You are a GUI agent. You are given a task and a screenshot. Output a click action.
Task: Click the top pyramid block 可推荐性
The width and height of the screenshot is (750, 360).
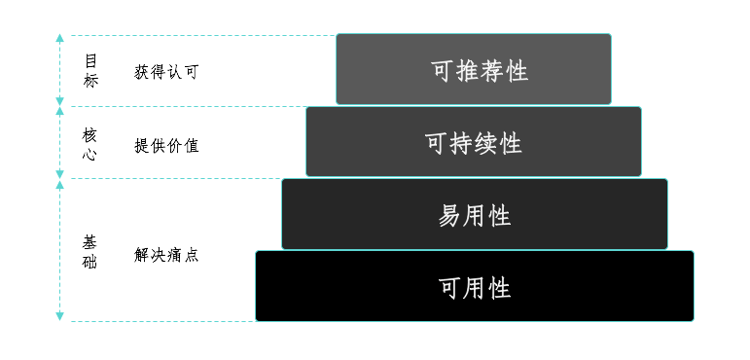(x=474, y=70)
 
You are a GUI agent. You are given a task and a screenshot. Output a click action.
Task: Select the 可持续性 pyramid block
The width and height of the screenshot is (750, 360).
(x=474, y=142)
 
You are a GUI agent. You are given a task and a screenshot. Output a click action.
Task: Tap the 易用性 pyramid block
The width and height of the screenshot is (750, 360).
(x=475, y=214)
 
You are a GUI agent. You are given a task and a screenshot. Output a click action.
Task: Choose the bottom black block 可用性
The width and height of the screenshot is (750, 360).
(x=475, y=286)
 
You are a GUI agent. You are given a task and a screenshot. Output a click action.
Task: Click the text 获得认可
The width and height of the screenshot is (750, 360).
(x=166, y=72)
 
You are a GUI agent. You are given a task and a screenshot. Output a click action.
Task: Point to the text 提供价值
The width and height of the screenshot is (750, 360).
(x=166, y=145)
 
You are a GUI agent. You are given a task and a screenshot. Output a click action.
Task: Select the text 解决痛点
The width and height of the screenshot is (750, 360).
(x=166, y=256)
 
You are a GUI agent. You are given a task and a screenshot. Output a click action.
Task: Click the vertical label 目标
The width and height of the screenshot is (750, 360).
(x=90, y=71)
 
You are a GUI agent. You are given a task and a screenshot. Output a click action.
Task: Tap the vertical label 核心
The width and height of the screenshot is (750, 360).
(x=90, y=144)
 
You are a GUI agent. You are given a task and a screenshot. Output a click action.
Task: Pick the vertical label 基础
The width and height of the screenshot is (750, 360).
(x=90, y=253)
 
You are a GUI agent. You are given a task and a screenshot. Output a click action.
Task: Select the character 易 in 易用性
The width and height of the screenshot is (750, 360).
(x=449, y=215)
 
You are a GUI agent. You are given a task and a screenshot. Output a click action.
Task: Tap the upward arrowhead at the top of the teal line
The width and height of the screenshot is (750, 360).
(x=59, y=38)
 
